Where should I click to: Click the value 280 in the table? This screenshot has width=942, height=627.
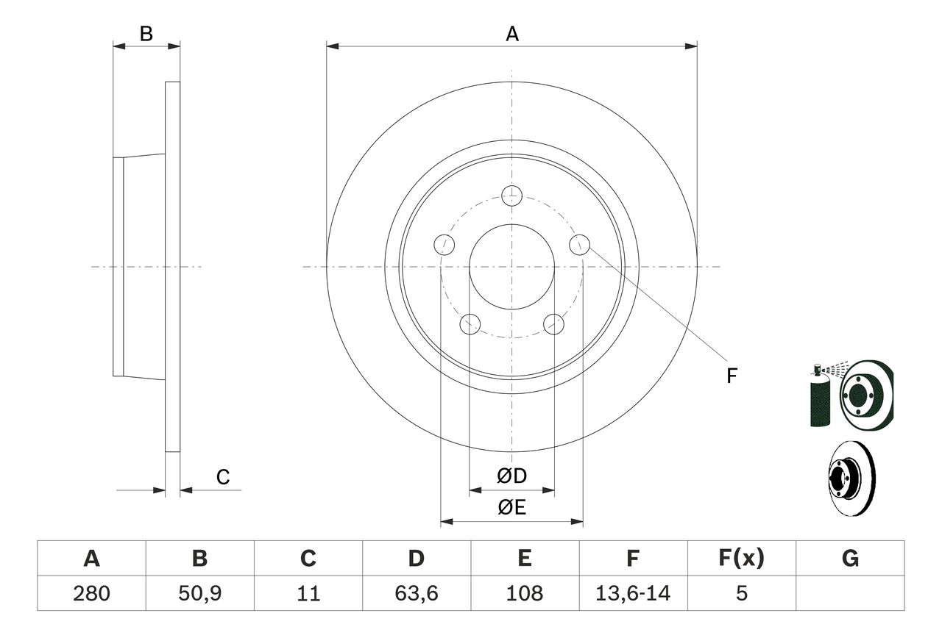click(x=91, y=593)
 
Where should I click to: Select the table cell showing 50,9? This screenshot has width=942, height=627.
click(x=199, y=593)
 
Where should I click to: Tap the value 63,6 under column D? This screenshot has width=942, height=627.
click(x=416, y=593)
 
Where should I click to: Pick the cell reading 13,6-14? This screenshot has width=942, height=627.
click(x=632, y=593)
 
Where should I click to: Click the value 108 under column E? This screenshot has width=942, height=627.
click(x=524, y=593)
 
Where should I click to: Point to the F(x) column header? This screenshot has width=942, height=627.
click(x=740, y=559)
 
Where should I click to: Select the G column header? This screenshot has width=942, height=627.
click(x=850, y=559)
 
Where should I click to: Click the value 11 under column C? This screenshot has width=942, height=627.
click(x=308, y=593)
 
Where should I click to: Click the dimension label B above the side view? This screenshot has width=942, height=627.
click(x=146, y=33)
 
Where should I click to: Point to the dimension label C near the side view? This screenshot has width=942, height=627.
click(x=223, y=477)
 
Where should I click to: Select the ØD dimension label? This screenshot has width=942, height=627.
click(x=511, y=476)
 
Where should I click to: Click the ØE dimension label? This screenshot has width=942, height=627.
click(x=511, y=507)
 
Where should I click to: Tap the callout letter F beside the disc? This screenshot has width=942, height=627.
click(x=731, y=376)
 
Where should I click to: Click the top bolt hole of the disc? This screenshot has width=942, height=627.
click(x=511, y=196)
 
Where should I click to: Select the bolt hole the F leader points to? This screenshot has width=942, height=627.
click(x=579, y=244)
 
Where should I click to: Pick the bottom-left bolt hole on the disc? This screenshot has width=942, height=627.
click(x=470, y=323)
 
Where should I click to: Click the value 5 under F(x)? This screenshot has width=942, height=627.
click(x=740, y=593)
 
